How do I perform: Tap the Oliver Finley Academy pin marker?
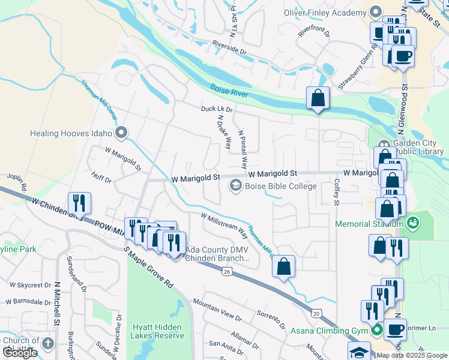(376, 11)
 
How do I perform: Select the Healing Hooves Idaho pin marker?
(122, 132)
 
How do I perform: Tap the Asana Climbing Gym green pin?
(377, 331)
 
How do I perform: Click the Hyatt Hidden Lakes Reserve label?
(158, 331)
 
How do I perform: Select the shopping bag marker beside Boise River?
(317, 98)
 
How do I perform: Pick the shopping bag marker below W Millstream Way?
(284, 266)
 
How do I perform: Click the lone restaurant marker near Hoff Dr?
(79, 203)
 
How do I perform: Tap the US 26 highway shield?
(226, 272)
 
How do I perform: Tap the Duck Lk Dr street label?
(216, 109)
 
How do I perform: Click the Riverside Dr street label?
(229, 48)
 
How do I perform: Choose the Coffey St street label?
(337, 191)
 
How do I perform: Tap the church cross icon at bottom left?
(49, 344)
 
